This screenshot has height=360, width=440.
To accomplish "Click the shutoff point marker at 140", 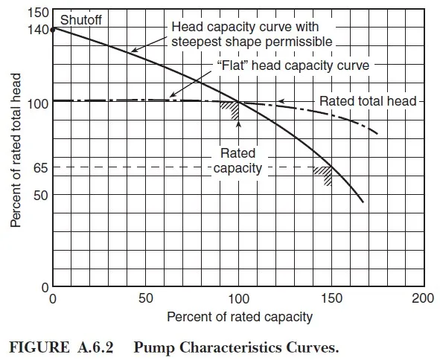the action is click(53, 30).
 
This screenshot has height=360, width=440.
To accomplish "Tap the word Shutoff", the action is click(81, 20).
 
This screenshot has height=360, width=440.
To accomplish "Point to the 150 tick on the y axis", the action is click(39, 13).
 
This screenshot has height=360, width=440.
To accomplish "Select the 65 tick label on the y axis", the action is click(41, 168).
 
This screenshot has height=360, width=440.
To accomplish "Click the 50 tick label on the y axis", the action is click(41, 195).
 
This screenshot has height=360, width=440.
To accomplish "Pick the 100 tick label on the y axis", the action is click(39, 103).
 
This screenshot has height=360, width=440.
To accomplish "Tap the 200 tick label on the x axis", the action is click(423, 298).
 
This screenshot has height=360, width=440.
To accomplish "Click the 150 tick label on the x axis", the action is click(331, 298).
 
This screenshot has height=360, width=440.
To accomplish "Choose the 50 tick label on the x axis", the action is click(146, 298).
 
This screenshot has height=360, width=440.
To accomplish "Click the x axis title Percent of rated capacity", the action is click(240, 317).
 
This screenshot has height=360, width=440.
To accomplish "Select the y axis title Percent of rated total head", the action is click(16, 150).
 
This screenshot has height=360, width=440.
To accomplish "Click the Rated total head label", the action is click(368, 101).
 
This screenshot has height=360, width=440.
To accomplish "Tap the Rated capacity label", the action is click(237, 161).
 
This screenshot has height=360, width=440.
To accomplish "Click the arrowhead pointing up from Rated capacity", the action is click(238, 123).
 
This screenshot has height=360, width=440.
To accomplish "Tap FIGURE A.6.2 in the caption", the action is click(61, 347).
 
